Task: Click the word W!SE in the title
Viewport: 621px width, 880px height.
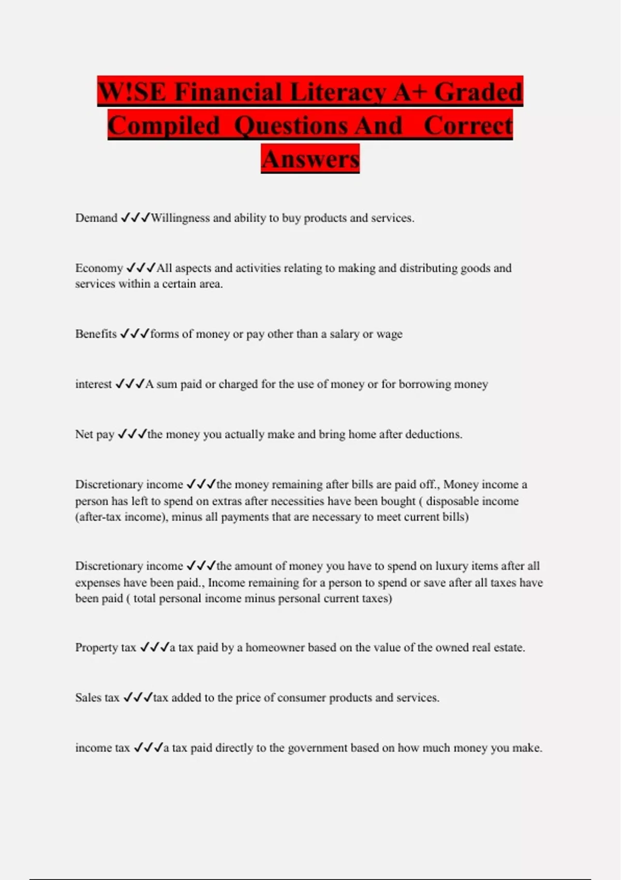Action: (x=131, y=93)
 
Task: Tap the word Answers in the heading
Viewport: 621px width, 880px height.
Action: (x=310, y=158)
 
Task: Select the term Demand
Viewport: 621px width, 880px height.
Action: (x=96, y=218)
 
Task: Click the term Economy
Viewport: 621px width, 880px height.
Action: (x=99, y=268)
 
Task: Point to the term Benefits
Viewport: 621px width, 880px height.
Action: (x=96, y=334)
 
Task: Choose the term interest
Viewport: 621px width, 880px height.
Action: (x=93, y=384)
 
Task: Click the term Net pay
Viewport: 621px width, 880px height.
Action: (x=95, y=434)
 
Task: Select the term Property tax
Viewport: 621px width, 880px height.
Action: (x=106, y=648)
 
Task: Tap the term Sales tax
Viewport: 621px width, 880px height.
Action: (x=97, y=698)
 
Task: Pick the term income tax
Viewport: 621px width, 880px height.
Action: (x=102, y=748)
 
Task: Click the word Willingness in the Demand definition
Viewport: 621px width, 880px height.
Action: (x=180, y=218)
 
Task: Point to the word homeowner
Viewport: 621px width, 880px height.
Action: (x=275, y=648)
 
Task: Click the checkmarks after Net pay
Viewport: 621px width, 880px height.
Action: (x=132, y=434)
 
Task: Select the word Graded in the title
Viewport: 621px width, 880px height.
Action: (x=478, y=93)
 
